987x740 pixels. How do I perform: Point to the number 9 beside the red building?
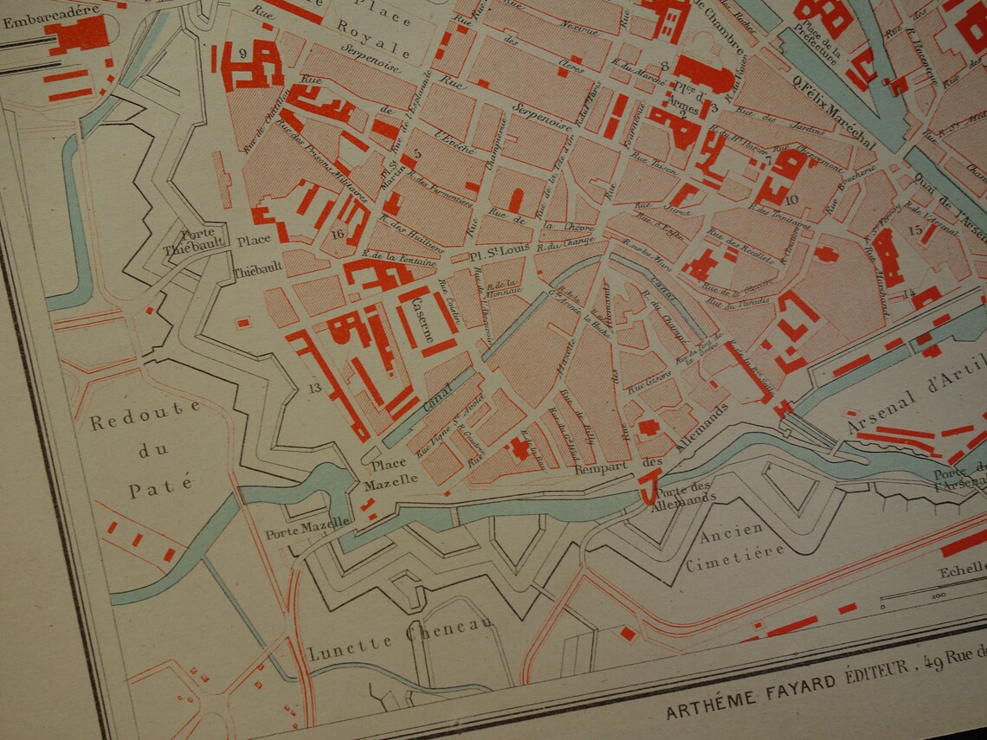(243, 54)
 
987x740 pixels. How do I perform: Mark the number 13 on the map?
(314, 387)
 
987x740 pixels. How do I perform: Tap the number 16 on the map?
(338, 233)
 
